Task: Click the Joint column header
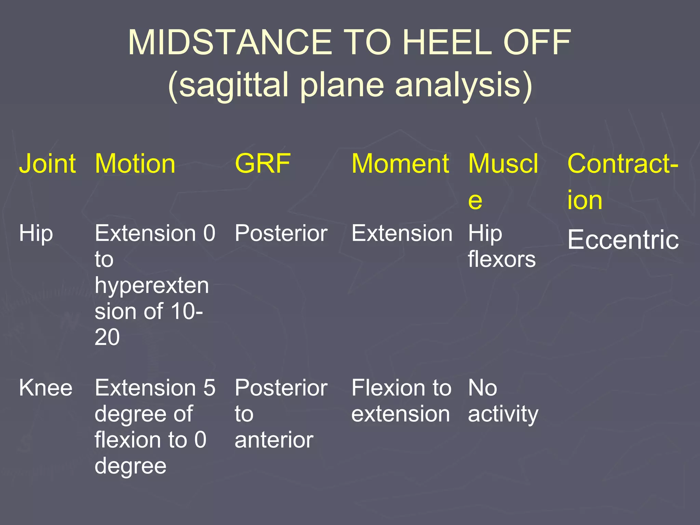(47, 164)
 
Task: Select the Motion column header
(135, 164)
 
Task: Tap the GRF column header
(262, 164)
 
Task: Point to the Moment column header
(400, 164)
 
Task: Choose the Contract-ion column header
(622, 181)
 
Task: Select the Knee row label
(45, 388)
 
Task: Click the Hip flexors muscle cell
(501, 246)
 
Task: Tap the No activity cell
(502, 401)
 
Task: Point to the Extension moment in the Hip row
(402, 233)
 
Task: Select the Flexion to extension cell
(401, 401)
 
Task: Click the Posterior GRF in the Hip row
(281, 233)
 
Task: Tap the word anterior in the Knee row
(274, 440)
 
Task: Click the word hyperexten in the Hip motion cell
(151, 286)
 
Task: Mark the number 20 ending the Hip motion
(107, 337)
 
